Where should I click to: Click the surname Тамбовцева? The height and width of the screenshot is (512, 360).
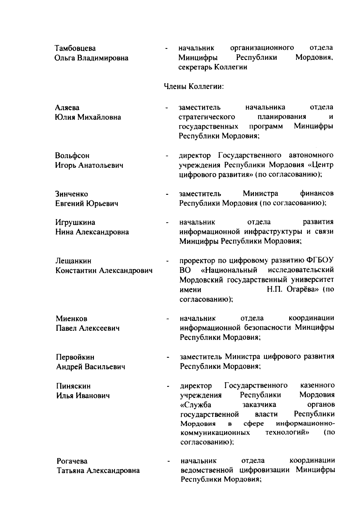click(75, 48)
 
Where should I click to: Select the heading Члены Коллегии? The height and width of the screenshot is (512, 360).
click(194, 87)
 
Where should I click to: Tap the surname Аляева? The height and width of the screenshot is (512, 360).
click(67, 108)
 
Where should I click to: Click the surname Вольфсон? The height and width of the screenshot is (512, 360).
click(72, 156)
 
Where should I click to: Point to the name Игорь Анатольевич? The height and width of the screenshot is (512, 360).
click(89, 165)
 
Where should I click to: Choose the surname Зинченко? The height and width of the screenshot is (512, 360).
click(72, 194)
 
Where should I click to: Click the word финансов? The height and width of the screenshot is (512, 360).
click(316, 193)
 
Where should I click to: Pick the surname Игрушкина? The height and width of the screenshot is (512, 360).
click(75, 222)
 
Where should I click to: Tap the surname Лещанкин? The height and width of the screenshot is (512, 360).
click(73, 261)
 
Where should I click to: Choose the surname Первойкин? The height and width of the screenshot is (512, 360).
click(75, 357)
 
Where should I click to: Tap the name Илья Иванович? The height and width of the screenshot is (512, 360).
click(83, 396)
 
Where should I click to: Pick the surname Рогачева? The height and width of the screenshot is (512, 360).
click(72, 461)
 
